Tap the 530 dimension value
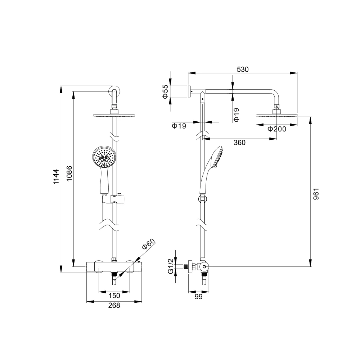click(243, 69)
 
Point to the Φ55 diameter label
click(165, 92)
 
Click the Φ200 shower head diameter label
click(276, 129)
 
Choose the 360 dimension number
click(239, 143)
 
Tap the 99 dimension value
click(198, 297)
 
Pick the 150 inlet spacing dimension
click(114, 296)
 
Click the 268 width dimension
click(114, 306)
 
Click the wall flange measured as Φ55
click(189, 91)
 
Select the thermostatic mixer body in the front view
click(114, 267)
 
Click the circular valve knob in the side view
click(204, 267)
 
